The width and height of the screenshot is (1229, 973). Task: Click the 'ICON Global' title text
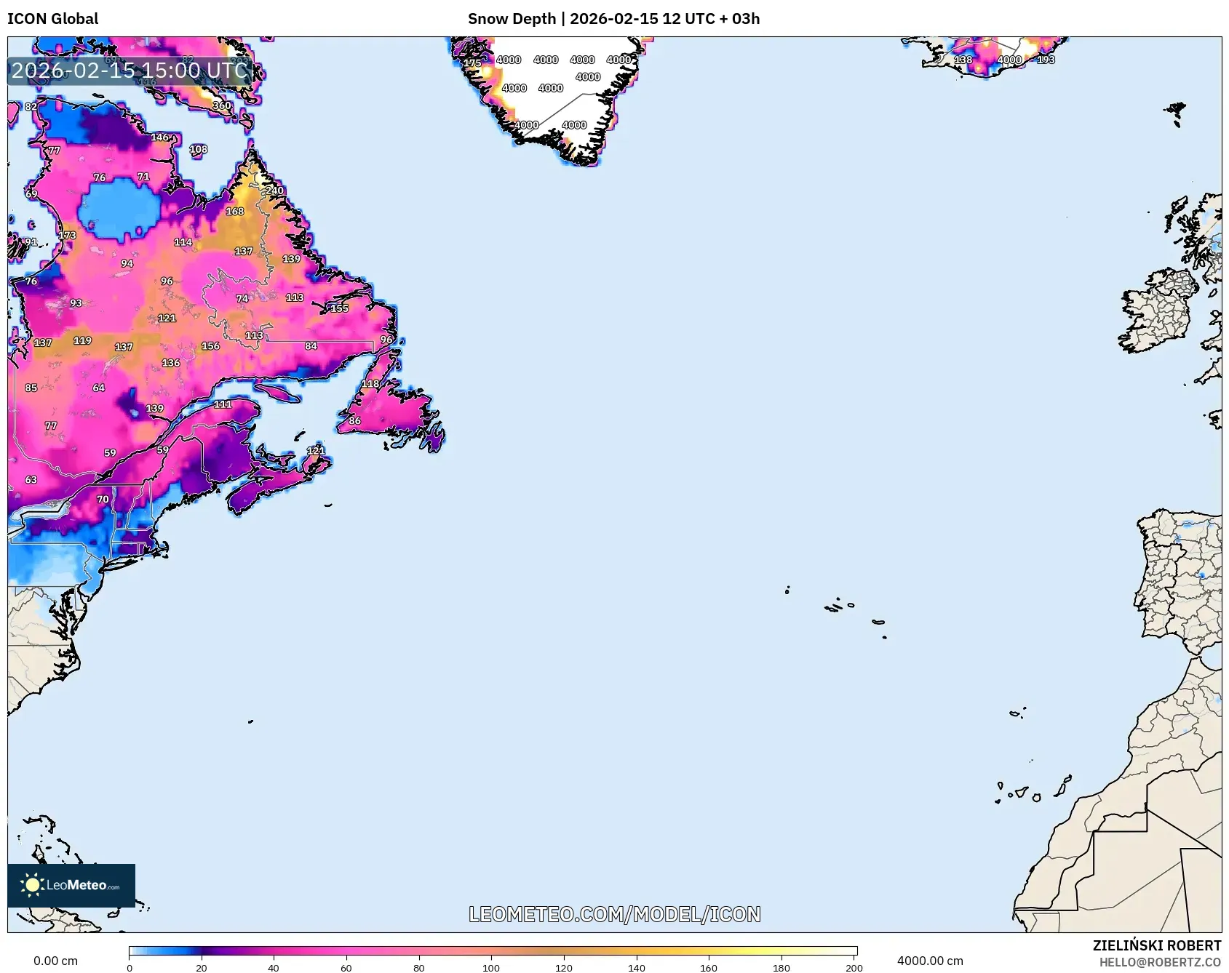pyautogui.click(x=52, y=19)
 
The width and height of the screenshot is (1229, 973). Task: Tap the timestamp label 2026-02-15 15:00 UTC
pyautogui.click(x=130, y=71)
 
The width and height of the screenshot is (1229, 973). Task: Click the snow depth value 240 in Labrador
pyautogui.click(x=274, y=191)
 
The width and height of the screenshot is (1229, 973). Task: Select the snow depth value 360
pyautogui.click(x=222, y=105)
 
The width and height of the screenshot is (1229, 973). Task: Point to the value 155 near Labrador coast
pyautogui.click(x=339, y=308)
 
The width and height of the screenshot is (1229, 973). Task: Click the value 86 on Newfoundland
pyautogui.click(x=354, y=420)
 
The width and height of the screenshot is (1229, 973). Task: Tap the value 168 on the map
pyautogui.click(x=234, y=212)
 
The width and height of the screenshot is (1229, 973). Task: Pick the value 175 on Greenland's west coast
pyautogui.click(x=472, y=63)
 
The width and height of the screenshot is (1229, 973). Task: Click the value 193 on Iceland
pyautogui.click(x=1046, y=60)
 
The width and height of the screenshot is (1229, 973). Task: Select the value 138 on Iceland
pyautogui.click(x=963, y=60)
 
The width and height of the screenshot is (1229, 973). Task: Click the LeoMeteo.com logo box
pyautogui.click(x=71, y=885)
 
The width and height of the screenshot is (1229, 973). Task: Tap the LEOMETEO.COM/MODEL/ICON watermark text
pyautogui.click(x=614, y=914)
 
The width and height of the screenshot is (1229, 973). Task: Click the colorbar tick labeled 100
pyautogui.click(x=491, y=968)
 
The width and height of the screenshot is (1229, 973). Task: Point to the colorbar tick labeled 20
pyautogui.click(x=201, y=968)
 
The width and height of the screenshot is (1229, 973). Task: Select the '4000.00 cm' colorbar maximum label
pyautogui.click(x=929, y=961)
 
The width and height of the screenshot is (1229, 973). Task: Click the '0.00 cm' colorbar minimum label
pyautogui.click(x=55, y=961)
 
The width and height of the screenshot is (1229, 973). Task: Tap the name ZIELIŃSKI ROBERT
pyautogui.click(x=1156, y=945)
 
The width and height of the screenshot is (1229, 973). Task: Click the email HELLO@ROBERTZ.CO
pyautogui.click(x=1159, y=962)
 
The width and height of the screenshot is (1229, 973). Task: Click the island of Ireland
pyautogui.click(x=1157, y=313)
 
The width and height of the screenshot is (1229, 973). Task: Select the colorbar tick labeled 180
pyautogui.click(x=781, y=968)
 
